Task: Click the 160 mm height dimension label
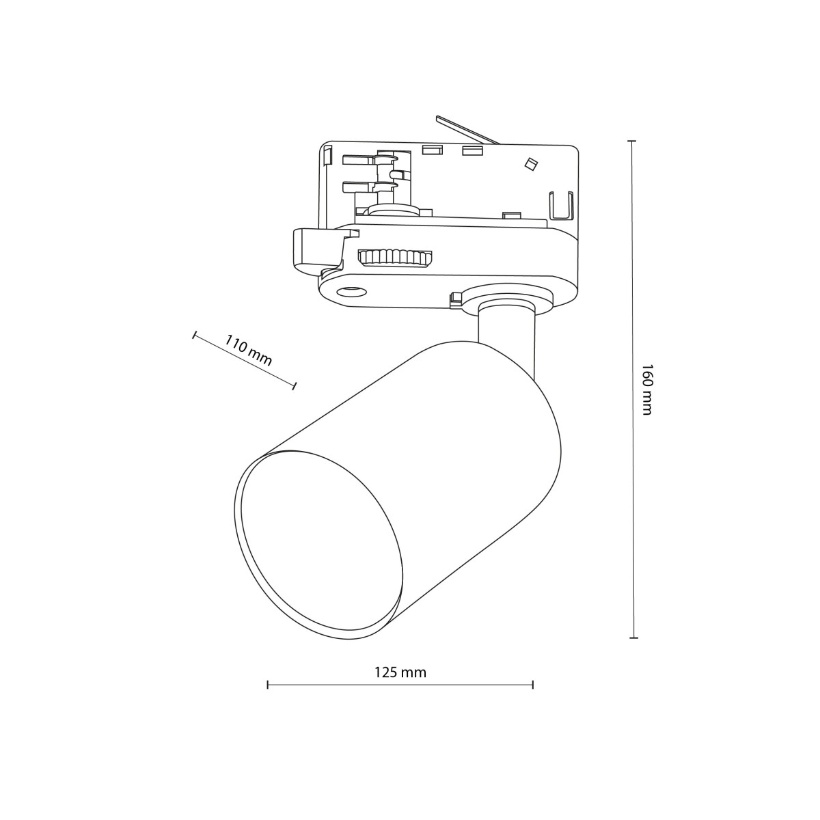tap(647, 389)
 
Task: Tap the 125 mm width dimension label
tap(400, 672)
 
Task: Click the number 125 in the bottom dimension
tap(386, 672)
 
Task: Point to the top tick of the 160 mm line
tap(632, 141)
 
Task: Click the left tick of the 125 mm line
tap(267, 684)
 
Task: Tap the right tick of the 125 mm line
tap(532, 684)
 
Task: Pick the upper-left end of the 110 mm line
tap(195, 335)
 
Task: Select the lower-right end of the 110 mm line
tap(295, 386)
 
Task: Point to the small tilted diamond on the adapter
tap(529, 163)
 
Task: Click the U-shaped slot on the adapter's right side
tap(560, 207)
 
